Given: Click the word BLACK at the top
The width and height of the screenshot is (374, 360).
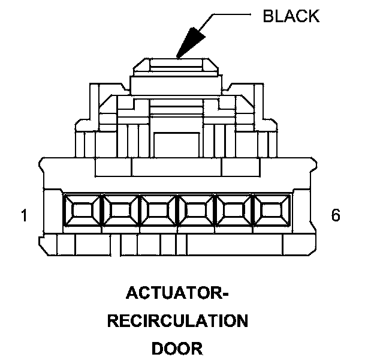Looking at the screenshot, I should tap(291, 16).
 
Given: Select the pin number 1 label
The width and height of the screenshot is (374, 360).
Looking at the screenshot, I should tap(24, 215).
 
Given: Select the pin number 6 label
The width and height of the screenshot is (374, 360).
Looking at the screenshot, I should tap(336, 215).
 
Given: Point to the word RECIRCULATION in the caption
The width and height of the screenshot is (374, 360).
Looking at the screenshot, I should tap(177, 321).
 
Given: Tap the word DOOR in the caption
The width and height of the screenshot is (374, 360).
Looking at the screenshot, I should tap(177, 347).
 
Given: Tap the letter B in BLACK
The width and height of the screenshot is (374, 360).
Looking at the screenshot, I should tap(268, 16).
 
